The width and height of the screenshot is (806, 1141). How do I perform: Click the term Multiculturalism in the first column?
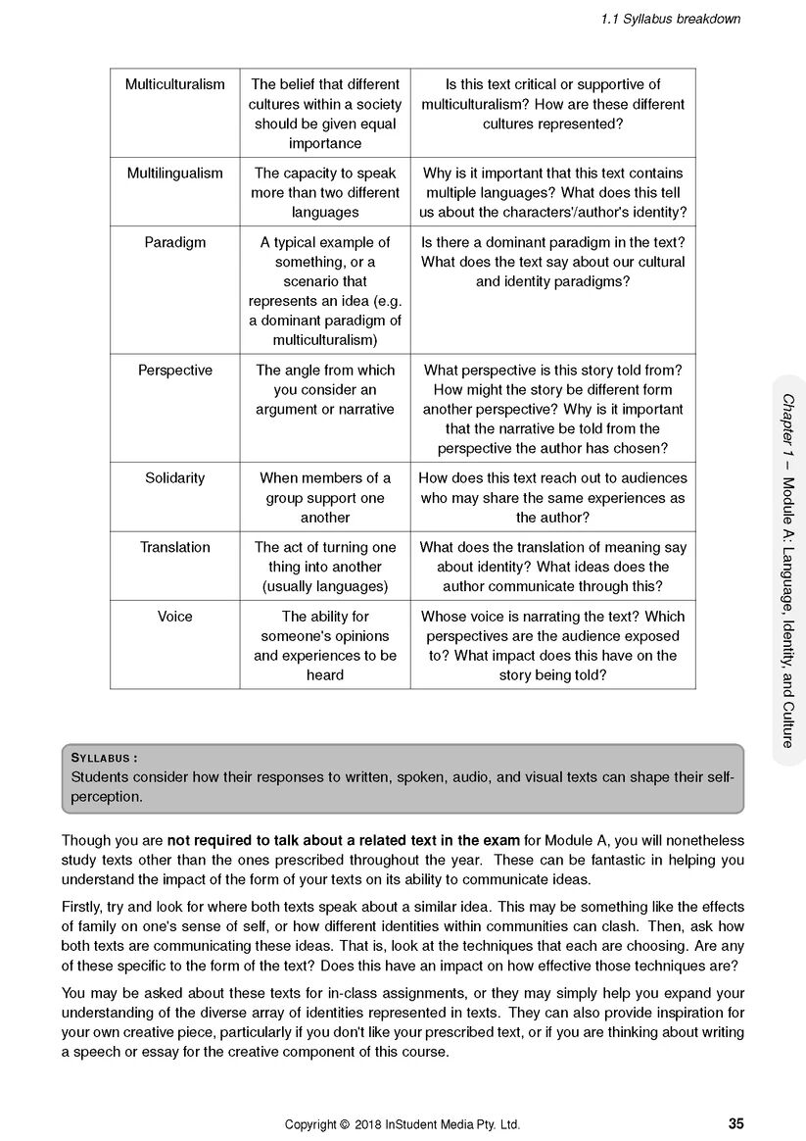tap(174, 84)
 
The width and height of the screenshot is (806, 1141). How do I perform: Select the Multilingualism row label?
tap(174, 173)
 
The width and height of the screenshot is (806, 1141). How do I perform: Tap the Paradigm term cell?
tap(174, 242)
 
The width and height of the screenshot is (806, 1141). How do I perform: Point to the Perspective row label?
tap(174, 370)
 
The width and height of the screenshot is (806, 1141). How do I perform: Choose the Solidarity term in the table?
tap(174, 477)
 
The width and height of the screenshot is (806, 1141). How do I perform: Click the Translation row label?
tap(174, 547)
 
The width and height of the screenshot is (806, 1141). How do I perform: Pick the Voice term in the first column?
tap(174, 616)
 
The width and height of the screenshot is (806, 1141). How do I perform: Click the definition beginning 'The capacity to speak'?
tap(325, 192)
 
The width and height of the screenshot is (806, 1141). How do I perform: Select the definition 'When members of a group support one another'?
tap(325, 497)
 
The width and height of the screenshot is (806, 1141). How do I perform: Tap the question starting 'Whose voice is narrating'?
tap(552, 645)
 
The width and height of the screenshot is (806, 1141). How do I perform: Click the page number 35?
tap(735, 1123)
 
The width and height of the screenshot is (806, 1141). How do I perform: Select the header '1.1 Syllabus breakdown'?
tap(671, 19)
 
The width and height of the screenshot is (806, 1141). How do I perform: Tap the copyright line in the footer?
tap(403, 1124)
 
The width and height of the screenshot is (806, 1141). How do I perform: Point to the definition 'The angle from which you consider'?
tap(325, 389)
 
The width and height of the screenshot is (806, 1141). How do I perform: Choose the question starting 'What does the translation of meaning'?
tap(552, 567)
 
